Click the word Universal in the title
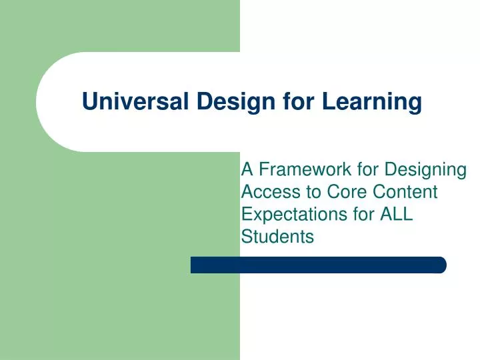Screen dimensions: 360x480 click(x=136, y=102)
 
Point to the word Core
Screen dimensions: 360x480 click(x=347, y=192)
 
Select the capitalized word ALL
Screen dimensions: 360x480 click(x=397, y=214)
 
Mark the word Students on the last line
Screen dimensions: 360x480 click(x=276, y=236)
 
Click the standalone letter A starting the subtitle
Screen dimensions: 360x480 click(x=246, y=170)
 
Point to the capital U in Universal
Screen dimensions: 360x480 click(x=89, y=102)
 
